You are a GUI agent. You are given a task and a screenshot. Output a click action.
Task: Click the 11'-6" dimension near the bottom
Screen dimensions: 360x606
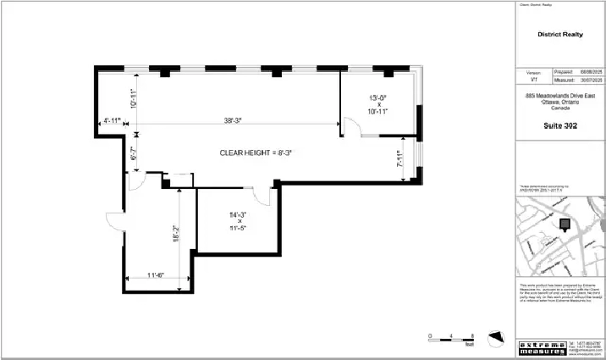[154, 274]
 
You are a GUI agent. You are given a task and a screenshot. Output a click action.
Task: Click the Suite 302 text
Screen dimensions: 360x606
[559, 124]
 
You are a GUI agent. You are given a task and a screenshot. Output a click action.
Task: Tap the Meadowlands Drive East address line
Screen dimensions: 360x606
[559, 97]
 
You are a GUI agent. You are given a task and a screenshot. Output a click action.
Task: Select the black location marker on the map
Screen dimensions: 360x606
[565, 223]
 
